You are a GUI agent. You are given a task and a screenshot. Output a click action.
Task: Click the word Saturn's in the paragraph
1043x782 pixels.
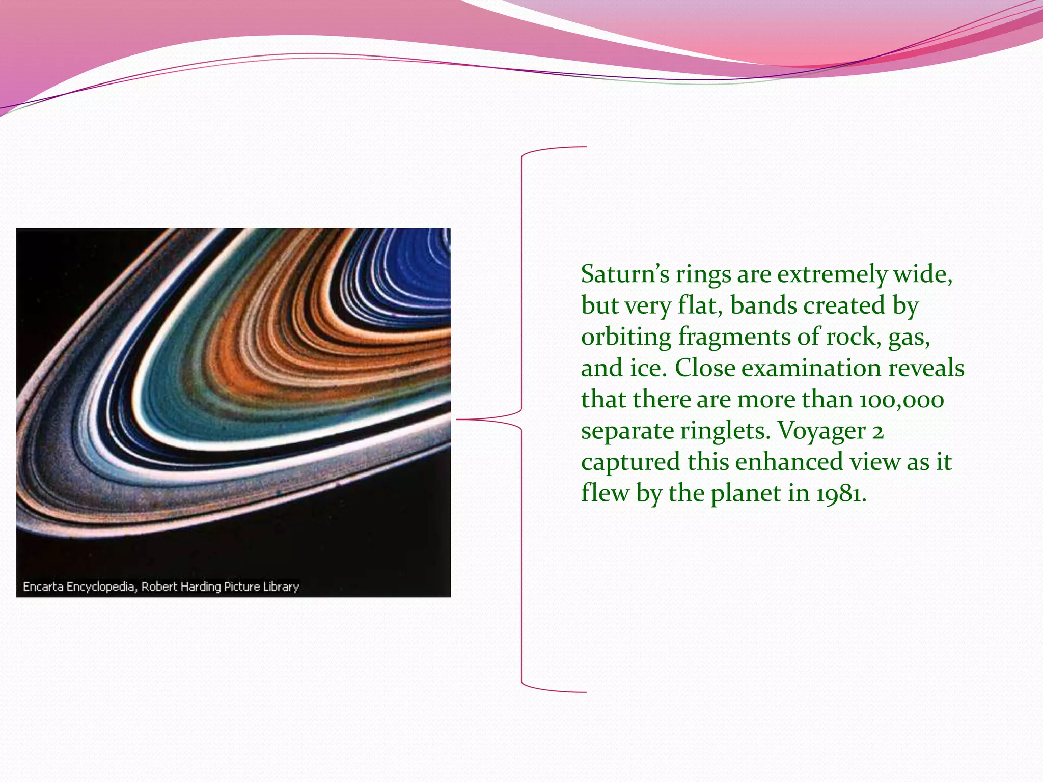point(625,274)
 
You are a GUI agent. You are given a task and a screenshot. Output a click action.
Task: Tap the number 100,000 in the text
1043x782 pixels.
point(901,400)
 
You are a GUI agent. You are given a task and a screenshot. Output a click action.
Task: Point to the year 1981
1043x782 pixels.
point(840,494)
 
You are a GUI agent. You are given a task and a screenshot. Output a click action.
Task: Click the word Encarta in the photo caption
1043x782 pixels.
point(43,587)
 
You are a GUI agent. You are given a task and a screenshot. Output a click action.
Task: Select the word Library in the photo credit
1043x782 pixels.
point(281,587)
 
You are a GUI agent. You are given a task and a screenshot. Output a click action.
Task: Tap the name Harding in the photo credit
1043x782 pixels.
point(201,587)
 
